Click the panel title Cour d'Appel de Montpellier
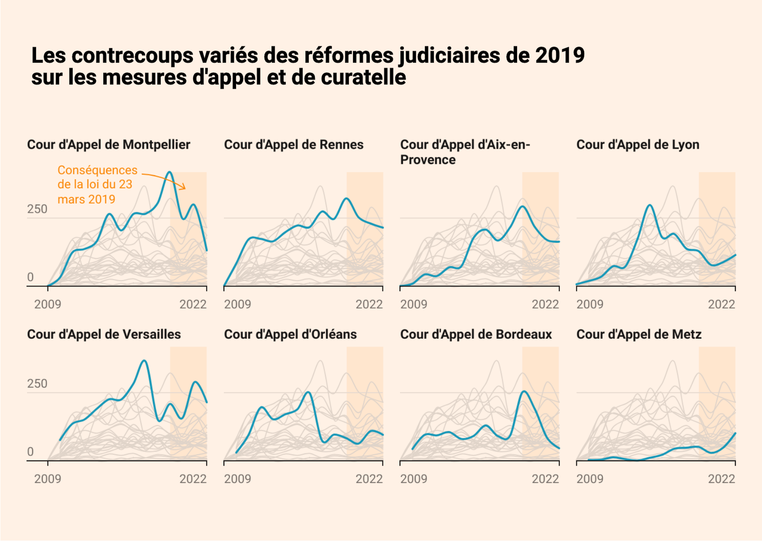click(x=108, y=145)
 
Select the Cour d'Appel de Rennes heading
click(x=293, y=145)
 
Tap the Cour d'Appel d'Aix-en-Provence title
click(x=464, y=152)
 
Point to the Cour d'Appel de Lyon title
click(x=637, y=145)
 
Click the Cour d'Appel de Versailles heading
click(x=104, y=334)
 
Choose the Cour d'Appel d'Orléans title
click(x=290, y=334)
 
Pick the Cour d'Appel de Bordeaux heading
click(x=476, y=334)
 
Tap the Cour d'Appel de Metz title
click(x=639, y=334)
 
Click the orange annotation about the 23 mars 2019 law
click(x=97, y=184)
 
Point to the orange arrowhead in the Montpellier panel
click(x=184, y=187)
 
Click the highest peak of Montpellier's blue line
click(x=170, y=173)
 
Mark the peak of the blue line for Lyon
click(x=650, y=205)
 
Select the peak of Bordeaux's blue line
click(x=525, y=391)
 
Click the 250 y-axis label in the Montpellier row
click(x=37, y=209)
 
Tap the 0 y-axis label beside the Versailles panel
click(x=30, y=452)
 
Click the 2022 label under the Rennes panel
click(x=369, y=304)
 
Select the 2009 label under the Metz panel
click(x=590, y=479)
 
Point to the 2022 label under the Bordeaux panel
click(x=545, y=479)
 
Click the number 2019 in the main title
click(x=560, y=55)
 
